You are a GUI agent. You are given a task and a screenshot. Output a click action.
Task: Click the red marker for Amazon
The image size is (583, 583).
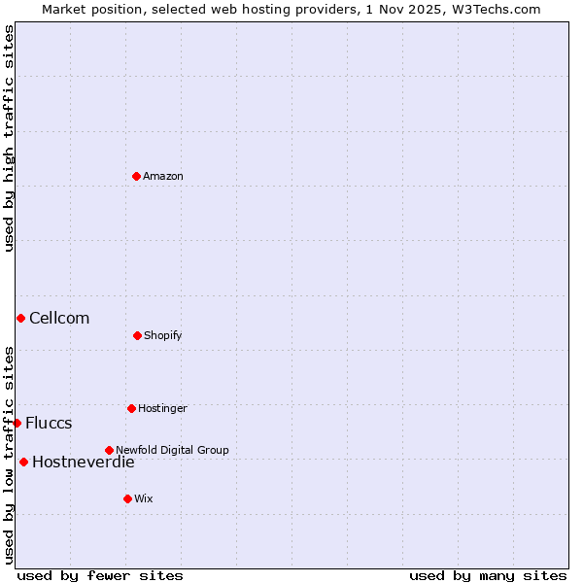pyautogui.click(x=136, y=176)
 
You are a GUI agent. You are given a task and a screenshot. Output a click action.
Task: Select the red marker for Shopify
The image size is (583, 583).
pyautogui.click(x=137, y=335)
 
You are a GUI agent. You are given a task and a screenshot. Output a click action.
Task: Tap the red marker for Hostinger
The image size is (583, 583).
pyautogui.click(x=131, y=408)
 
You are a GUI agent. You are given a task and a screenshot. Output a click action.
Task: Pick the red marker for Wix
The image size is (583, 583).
pyautogui.click(x=127, y=498)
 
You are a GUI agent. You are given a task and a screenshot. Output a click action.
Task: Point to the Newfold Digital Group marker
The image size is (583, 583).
pyautogui.click(x=109, y=450)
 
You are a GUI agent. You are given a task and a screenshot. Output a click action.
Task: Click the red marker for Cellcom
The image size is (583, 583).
pyautogui.click(x=20, y=318)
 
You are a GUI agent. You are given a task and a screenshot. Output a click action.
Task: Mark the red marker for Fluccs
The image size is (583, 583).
pyautogui.click(x=17, y=423)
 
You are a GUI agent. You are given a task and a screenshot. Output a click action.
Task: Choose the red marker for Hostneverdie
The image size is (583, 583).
pyautogui.click(x=23, y=462)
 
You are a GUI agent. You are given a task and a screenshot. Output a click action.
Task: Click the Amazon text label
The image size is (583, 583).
pyautogui.click(x=163, y=176)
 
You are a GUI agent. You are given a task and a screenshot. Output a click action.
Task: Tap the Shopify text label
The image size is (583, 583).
pyautogui.click(x=163, y=335)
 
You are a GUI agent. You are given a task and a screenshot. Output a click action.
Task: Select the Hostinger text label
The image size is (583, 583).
pyautogui.click(x=162, y=408)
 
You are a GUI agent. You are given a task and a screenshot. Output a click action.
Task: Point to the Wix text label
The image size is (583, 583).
pyautogui.click(x=144, y=498)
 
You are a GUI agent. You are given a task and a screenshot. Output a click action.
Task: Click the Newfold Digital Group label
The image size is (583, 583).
pyautogui.click(x=172, y=450)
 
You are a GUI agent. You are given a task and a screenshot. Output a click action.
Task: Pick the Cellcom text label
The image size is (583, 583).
pyautogui.click(x=59, y=318)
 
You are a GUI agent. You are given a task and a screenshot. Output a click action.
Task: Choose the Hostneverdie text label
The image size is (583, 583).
pyautogui.click(x=84, y=462)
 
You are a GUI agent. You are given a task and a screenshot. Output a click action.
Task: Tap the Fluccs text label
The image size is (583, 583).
pyautogui.click(x=49, y=423)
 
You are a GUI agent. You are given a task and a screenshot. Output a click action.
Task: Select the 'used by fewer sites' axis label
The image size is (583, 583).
pyautogui.click(x=100, y=575)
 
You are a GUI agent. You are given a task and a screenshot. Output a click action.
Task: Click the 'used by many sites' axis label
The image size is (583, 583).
pyautogui.click(x=488, y=575)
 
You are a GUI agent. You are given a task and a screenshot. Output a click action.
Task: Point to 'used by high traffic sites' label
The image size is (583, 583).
pyautogui.click(x=9, y=138)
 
